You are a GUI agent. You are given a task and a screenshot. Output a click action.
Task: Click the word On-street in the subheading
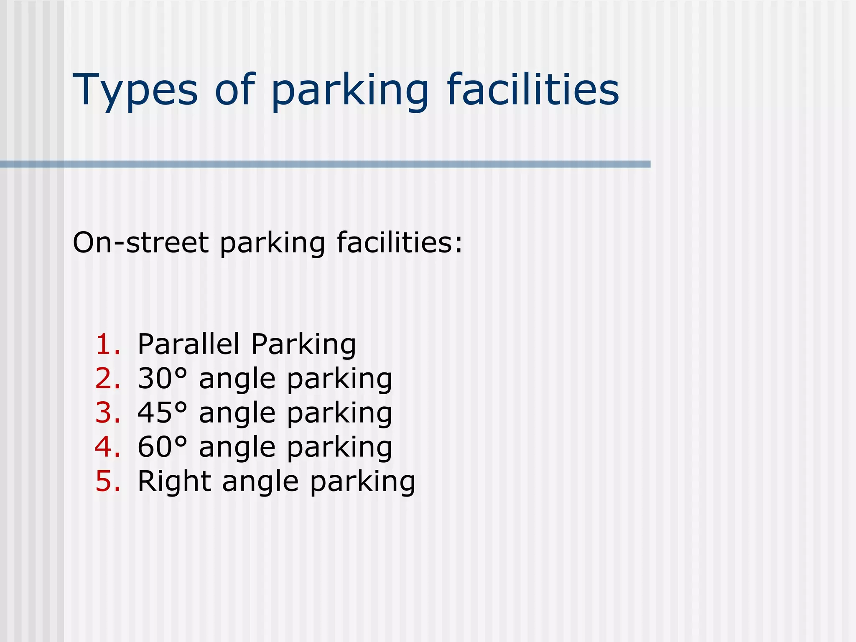coord(140,243)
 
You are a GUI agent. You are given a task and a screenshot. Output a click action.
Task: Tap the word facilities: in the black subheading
coord(400,243)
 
